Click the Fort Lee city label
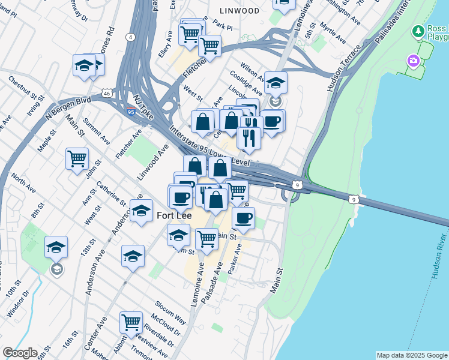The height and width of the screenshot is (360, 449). tap(175, 214)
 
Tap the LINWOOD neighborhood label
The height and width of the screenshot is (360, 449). tap(239, 11)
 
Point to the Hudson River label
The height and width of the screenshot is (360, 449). tap(440, 261)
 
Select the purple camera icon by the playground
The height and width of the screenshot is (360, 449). tap(414, 61)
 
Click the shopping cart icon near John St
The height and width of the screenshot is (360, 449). tap(77, 160)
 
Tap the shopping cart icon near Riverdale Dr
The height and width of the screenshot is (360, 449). tap(130, 323)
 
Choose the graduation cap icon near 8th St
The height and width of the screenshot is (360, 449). tap(56, 247)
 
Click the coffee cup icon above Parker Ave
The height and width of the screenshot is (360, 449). tap(243, 218)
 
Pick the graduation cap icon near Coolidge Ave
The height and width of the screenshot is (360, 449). tap(276, 83)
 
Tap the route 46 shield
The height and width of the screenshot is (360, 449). tap(106, 94)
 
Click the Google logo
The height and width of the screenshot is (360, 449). tap(20, 353)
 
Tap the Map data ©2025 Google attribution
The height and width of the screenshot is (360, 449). tap(412, 355)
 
